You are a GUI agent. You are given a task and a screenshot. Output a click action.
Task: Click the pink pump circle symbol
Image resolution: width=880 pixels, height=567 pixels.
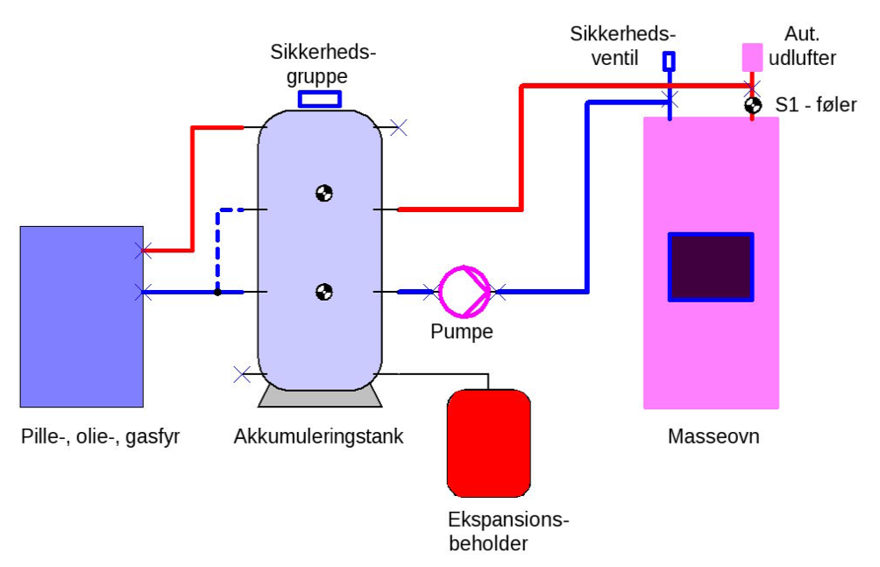pos(465,291)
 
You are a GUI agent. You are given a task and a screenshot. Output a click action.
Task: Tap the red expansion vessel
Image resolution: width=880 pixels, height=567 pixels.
pos(489,443)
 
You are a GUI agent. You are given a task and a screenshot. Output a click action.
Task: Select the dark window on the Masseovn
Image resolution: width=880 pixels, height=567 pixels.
pos(710,266)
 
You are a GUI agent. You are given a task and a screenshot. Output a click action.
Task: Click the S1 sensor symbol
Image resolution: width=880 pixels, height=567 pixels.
pos(752,104)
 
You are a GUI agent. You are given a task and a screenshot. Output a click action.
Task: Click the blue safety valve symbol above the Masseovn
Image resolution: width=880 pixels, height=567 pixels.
pos(670,60)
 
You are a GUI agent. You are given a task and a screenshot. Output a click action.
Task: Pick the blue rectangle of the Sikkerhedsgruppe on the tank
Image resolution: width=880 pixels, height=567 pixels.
pos(320,99)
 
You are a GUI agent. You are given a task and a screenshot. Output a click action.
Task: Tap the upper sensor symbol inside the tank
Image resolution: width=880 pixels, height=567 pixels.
pos(323,194)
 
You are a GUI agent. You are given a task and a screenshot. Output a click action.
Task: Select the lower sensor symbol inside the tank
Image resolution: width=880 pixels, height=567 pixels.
pos(323,291)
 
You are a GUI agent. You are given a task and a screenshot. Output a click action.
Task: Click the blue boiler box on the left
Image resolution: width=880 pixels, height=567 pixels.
pos(82,316)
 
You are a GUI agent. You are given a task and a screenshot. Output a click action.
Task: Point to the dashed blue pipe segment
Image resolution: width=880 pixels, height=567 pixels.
pos(218,245)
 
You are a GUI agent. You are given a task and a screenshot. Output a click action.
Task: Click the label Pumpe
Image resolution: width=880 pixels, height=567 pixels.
pos(462,332)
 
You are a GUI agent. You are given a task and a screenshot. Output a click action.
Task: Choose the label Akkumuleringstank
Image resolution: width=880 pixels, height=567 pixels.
pos(319,436)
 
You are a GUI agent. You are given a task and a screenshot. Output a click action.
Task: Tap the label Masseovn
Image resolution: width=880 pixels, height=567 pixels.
pos(713,436)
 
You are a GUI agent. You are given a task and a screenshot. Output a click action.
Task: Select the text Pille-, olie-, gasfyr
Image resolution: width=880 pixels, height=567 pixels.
pos(101,436)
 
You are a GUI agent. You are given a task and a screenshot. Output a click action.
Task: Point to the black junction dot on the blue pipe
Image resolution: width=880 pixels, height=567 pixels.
pos(217,292)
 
